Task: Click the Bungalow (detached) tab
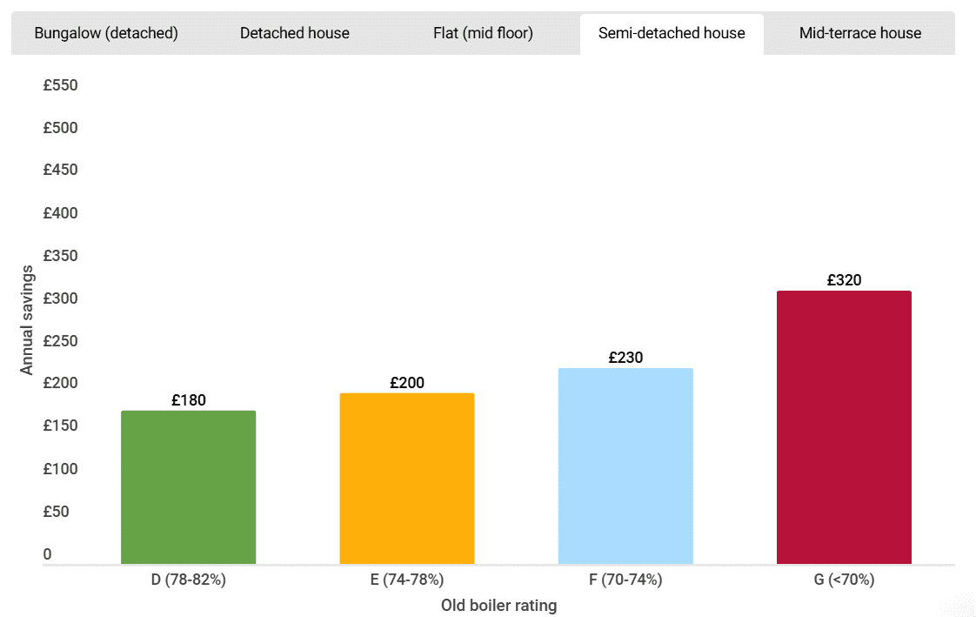(106, 33)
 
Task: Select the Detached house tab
(295, 33)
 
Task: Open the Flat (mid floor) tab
(483, 33)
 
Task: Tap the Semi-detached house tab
(672, 33)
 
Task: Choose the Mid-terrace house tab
(860, 33)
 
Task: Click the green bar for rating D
(188, 487)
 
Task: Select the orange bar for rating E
(407, 479)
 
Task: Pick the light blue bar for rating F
(625, 466)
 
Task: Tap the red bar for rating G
(844, 427)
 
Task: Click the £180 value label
(189, 400)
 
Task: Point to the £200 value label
(407, 383)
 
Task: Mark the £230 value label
(625, 358)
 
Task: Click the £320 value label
(844, 280)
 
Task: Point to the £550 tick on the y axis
(61, 85)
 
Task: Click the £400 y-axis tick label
(61, 213)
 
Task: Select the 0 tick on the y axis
(48, 554)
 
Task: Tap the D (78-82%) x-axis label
(188, 580)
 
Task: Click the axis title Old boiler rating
(498, 605)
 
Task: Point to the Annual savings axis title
(27, 321)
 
